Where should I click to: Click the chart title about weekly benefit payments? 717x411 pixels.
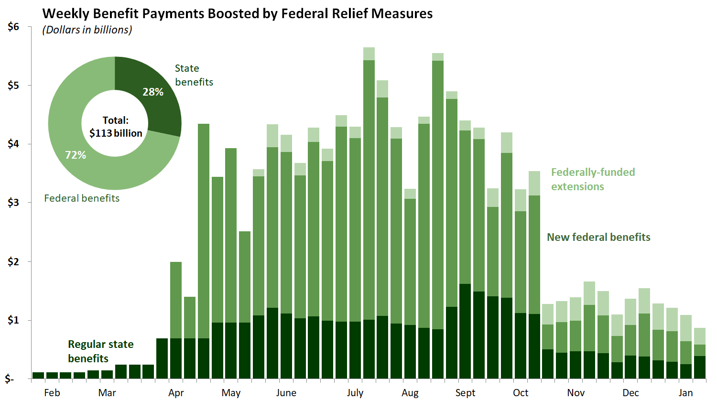[x=238, y=13]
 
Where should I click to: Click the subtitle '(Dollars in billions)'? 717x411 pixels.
[x=87, y=30]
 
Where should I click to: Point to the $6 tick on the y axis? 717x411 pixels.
[x=13, y=27]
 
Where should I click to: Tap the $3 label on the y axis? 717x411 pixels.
[x=13, y=203]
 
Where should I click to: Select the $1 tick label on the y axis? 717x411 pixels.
[x=13, y=320]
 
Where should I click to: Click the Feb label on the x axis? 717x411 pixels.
[x=52, y=393]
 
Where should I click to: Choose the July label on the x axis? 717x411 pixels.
[x=355, y=393]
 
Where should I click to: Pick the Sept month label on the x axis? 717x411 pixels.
[x=465, y=393]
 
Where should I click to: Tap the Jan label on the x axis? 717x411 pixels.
[x=685, y=393]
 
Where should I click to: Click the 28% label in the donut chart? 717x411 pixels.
[x=153, y=92]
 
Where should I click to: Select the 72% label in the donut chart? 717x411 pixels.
[x=76, y=155]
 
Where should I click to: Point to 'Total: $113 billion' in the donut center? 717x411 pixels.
[x=116, y=127]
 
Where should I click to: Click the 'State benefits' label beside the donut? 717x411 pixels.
[x=194, y=75]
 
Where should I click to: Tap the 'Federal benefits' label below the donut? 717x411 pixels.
[x=82, y=198]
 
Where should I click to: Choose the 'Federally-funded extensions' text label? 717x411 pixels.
[x=593, y=179]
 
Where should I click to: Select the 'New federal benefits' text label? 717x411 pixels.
[x=598, y=237]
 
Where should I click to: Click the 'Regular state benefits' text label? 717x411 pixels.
[x=100, y=351]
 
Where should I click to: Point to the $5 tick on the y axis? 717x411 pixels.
[x=13, y=86]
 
